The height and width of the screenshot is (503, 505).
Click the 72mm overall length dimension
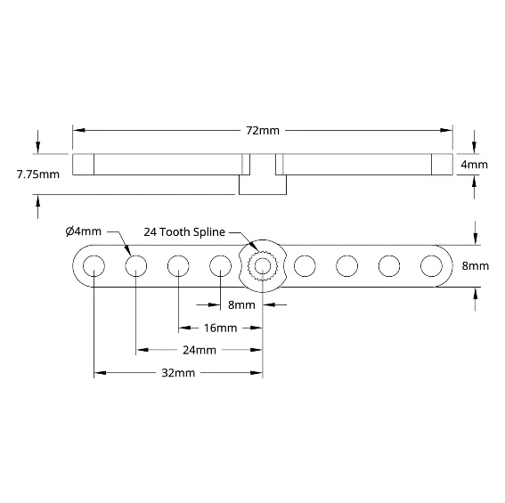pyautogui.click(x=263, y=130)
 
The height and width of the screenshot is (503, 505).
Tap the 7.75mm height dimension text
pyautogui.click(x=38, y=174)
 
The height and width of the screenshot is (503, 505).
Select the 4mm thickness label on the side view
pyautogui.click(x=474, y=165)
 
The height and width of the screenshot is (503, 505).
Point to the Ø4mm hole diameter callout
pyautogui.click(x=84, y=231)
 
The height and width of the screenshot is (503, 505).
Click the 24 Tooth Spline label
pyautogui.click(x=184, y=231)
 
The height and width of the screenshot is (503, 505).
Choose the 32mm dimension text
pyautogui.click(x=178, y=373)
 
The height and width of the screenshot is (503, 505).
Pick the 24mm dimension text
pyautogui.click(x=200, y=350)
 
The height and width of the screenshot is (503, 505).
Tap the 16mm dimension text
pyautogui.click(x=220, y=328)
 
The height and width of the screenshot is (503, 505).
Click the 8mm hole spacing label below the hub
pyautogui.click(x=241, y=304)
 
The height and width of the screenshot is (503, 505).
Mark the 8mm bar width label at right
pyautogui.click(x=476, y=265)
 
